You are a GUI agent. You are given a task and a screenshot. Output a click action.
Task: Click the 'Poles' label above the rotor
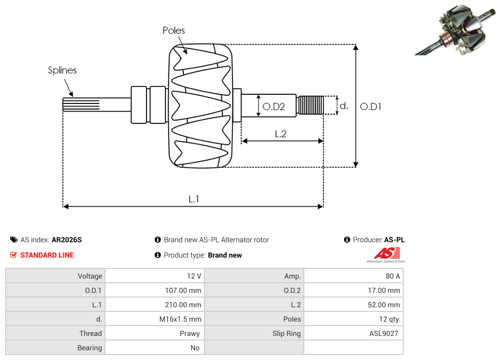click(x=174, y=31)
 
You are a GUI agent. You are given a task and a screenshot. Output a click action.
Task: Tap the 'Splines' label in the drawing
click(x=62, y=71)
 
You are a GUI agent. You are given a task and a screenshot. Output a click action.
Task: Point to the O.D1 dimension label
click(x=371, y=107)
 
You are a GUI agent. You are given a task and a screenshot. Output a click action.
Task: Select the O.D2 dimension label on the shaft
click(x=273, y=107)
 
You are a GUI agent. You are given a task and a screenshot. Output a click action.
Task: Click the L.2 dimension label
click(x=280, y=134)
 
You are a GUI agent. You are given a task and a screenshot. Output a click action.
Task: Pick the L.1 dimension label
click(x=193, y=199)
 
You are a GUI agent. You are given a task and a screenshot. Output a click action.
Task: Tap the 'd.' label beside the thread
click(x=344, y=106)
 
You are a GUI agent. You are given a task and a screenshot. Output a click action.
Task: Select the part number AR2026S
click(x=67, y=240)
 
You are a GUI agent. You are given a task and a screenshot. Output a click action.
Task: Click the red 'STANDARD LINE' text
click(x=47, y=255)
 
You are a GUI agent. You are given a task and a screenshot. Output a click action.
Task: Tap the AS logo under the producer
click(x=386, y=255)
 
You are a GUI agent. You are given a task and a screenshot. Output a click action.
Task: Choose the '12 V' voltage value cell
click(x=194, y=276)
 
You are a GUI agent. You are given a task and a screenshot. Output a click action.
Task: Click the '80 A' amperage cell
click(x=392, y=276)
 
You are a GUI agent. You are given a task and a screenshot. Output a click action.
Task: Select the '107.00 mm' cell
click(x=180, y=290)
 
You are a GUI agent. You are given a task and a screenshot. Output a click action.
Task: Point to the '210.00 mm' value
click(x=180, y=305)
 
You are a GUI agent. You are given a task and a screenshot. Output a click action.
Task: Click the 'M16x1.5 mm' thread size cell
click(x=180, y=319)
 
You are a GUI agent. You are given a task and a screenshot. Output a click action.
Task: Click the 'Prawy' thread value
click(x=190, y=333)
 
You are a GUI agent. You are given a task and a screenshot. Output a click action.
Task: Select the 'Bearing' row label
click(x=90, y=348)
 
